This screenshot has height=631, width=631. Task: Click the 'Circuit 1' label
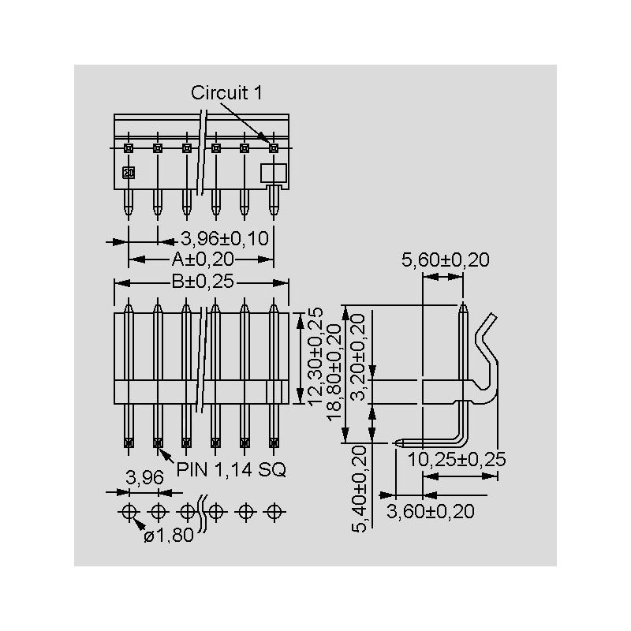(x=226, y=93)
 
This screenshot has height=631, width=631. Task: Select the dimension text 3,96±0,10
(x=225, y=239)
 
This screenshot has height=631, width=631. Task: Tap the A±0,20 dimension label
(x=203, y=259)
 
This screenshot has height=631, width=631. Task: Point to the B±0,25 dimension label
(x=203, y=282)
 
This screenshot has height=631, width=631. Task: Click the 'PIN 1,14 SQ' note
(x=231, y=469)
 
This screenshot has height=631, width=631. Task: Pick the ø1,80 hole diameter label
(x=169, y=536)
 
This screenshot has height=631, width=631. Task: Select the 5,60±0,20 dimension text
(x=446, y=260)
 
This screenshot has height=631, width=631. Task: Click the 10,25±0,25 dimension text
(x=457, y=460)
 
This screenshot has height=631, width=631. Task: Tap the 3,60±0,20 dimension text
(x=431, y=511)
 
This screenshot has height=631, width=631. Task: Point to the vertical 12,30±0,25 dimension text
(x=315, y=357)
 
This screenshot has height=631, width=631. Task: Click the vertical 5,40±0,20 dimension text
(x=359, y=489)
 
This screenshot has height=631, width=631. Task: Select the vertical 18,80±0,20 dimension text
(x=334, y=373)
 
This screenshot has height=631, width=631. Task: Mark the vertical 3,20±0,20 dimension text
(x=358, y=357)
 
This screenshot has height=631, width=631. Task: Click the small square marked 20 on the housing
(x=129, y=173)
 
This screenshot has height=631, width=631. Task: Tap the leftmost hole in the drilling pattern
(x=129, y=512)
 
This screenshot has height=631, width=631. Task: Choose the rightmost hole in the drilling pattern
(x=274, y=512)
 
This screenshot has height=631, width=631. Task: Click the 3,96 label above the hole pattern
(x=145, y=478)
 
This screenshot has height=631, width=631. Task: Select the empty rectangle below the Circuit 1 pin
(x=274, y=173)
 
